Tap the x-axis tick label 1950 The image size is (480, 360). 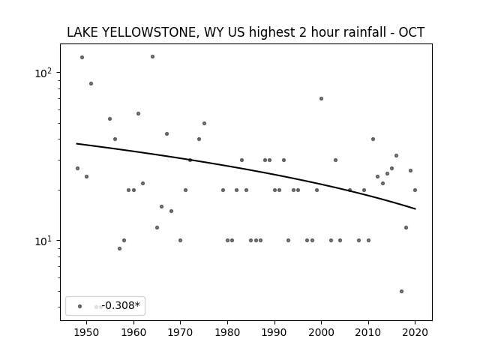pos(87,332)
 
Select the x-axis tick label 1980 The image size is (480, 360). pos(227,332)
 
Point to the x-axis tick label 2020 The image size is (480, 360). pos(415,332)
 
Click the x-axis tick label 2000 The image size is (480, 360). pos(321,332)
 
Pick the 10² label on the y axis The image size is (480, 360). pos(43,73)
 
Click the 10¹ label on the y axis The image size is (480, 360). pos(43,241)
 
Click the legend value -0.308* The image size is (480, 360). pos(121,305)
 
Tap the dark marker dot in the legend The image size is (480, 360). pos(80,306)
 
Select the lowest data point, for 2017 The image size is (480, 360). pos(401,291)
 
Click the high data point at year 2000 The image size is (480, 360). pos(321,98)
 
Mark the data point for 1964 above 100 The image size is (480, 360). pos(152,57)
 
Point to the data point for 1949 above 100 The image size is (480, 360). pos(82,57)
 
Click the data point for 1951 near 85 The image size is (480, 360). pos(91,83)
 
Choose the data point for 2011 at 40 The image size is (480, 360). pos(373,139)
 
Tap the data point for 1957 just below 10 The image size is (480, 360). pos(119,248)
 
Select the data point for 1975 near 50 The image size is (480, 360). pos(204,123)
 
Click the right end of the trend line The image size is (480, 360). pos(415,208)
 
